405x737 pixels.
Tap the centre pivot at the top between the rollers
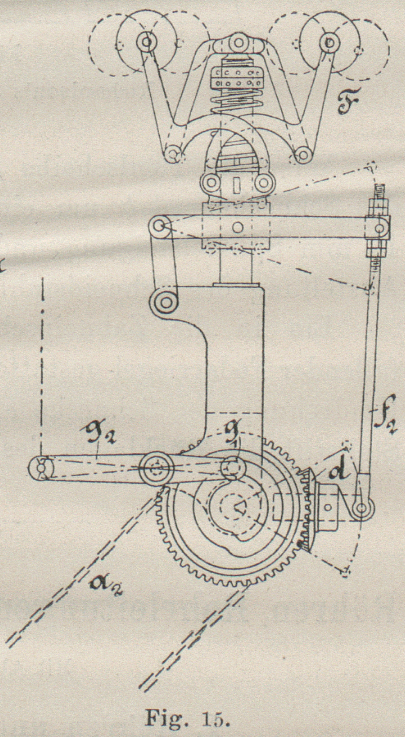[x=237, y=42]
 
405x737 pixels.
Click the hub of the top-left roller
[x=146, y=41]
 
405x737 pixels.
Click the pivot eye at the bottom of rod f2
[x=362, y=508]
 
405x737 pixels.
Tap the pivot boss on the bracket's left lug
[x=166, y=303]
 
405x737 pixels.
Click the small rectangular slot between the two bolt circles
[x=236, y=185]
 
